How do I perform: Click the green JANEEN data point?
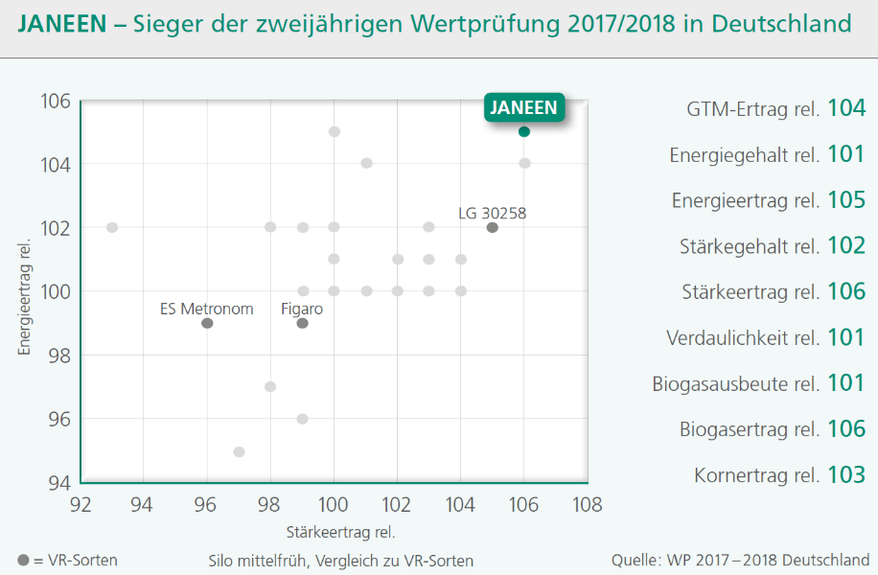click(524, 131)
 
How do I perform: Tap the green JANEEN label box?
click(523, 107)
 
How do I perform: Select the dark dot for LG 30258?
click(492, 227)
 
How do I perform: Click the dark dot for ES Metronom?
click(207, 323)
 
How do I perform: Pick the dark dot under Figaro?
click(302, 323)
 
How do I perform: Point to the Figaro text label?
click(302, 309)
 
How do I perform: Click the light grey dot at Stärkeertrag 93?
click(112, 227)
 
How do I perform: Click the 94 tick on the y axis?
click(56, 482)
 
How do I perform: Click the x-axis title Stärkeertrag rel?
click(340, 531)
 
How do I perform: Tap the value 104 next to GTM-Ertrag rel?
click(846, 108)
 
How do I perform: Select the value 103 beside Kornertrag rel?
click(846, 474)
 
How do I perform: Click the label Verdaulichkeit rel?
click(743, 337)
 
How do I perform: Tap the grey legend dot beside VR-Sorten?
click(23, 560)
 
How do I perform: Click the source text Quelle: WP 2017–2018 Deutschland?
click(741, 560)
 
